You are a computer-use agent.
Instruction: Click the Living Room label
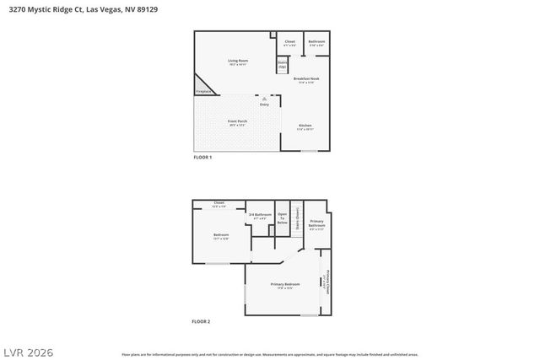[238, 61]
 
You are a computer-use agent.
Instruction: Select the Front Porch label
[236, 123]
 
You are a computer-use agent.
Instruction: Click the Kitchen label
[305, 126]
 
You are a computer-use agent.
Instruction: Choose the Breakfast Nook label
[305, 80]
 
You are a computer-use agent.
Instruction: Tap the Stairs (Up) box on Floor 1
[283, 64]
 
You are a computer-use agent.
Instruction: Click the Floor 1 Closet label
[289, 42]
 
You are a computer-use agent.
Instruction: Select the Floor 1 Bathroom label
[316, 42]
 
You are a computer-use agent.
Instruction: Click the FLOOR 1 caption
[202, 158]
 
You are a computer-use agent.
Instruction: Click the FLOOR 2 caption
[201, 321]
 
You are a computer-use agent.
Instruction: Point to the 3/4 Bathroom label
[260, 217]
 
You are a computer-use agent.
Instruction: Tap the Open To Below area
[283, 218]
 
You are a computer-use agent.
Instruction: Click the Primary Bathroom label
[316, 225]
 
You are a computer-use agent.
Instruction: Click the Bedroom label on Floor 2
[220, 236]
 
